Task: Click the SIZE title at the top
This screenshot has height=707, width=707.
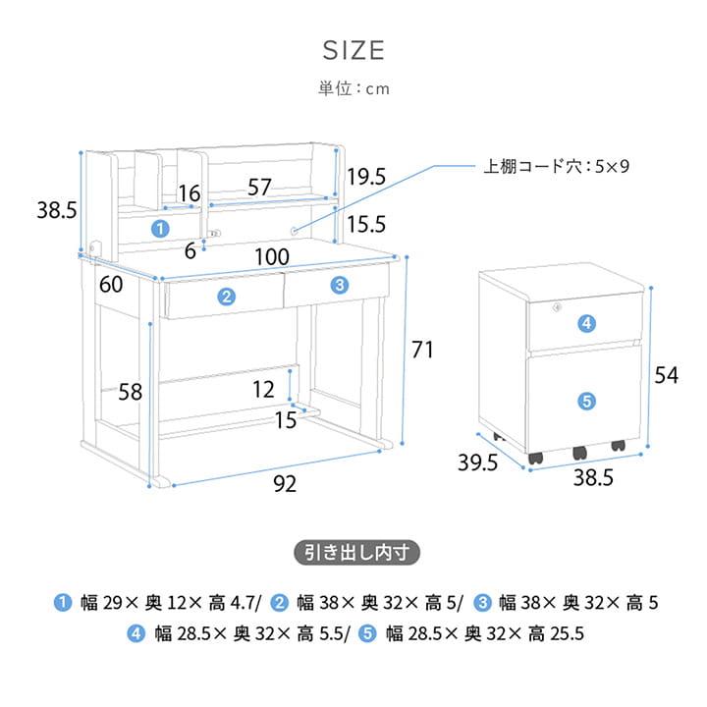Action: coord(353,50)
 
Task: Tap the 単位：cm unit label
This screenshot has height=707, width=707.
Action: coord(353,88)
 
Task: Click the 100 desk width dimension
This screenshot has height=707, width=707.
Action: coord(272,257)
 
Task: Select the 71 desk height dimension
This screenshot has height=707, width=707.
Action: coord(422,350)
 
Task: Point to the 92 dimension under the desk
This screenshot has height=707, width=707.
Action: coord(285,484)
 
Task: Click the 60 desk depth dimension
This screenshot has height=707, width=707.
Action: coord(111,285)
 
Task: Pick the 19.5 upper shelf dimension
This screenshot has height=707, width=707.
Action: coord(366,177)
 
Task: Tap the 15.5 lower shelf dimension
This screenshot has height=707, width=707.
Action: coord(366,224)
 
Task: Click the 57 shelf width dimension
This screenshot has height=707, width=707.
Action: coord(259,188)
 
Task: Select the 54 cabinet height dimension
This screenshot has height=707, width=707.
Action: coord(667,375)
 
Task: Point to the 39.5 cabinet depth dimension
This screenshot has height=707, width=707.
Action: coord(477,462)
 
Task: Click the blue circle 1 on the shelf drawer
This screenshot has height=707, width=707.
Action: coord(160,229)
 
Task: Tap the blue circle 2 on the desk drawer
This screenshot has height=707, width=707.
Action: coord(227,297)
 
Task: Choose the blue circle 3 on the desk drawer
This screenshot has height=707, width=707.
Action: coord(340,285)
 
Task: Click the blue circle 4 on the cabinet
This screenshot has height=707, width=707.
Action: coord(586,323)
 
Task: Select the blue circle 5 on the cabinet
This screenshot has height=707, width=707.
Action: coord(586,401)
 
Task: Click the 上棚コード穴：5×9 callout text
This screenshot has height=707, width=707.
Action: coord(556,166)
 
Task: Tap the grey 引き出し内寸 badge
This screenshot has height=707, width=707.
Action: coord(356,552)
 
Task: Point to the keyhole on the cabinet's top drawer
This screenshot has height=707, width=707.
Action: coord(558,307)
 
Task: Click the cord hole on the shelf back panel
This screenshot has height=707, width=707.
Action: coord(294,231)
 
